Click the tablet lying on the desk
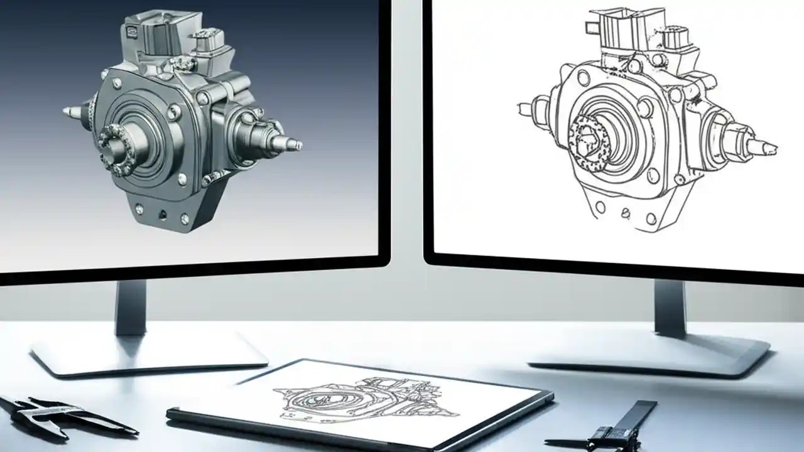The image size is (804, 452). click(361, 402)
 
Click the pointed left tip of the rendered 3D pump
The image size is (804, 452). click(68, 112)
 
